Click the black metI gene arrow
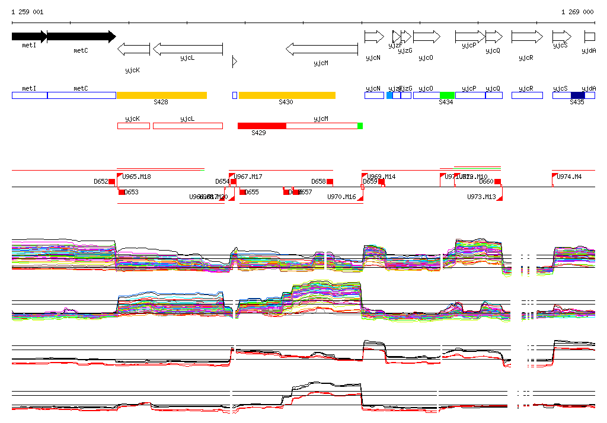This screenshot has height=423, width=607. (29, 37)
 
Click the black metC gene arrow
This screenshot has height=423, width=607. (81, 37)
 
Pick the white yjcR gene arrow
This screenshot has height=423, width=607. (526, 37)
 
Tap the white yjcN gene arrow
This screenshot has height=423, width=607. (373, 37)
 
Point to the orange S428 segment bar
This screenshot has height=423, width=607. (162, 95)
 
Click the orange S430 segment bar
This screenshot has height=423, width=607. (287, 95)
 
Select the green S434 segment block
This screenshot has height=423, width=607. (447, 95)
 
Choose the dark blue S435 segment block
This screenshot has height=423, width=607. (577, 95)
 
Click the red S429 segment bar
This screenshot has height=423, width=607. (261, 126)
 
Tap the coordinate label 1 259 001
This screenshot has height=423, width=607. (27, 12)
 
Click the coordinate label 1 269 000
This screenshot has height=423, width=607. (577, 12)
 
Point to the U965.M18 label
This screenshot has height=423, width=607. (136, 177)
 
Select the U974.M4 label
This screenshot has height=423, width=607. (569, 177)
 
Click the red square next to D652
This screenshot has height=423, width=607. (111, 181)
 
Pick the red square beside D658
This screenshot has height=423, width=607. (330, 181)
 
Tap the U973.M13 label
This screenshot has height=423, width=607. (481, 197)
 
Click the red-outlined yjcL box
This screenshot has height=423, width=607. (187, 126)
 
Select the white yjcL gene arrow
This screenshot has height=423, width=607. (187, 49)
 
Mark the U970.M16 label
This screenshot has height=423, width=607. (341, 197)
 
